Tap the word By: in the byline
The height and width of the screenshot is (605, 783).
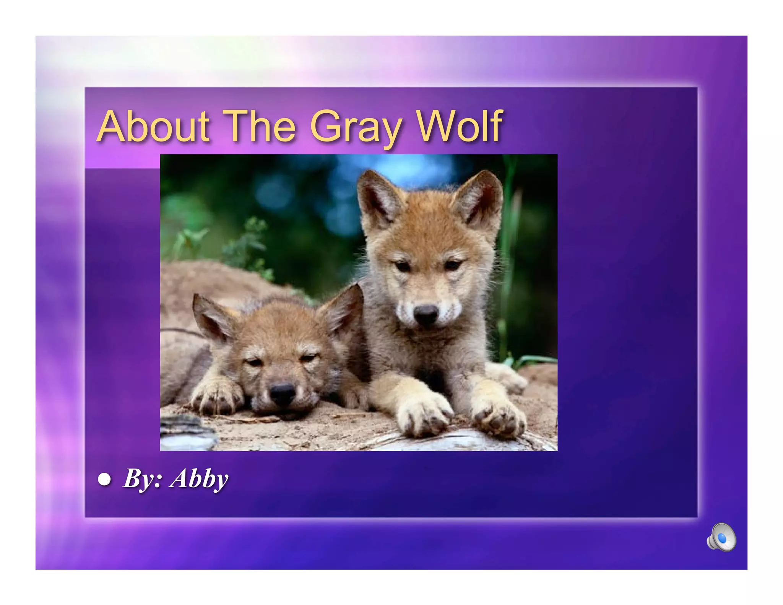143,479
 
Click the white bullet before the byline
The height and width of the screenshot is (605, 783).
104,479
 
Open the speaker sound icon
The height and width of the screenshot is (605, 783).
721,537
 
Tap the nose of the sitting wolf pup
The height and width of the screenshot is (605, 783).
426,314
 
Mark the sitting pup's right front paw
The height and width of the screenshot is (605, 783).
422,415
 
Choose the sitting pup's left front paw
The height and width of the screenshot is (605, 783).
497,417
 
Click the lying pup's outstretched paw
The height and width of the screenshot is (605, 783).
216,398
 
